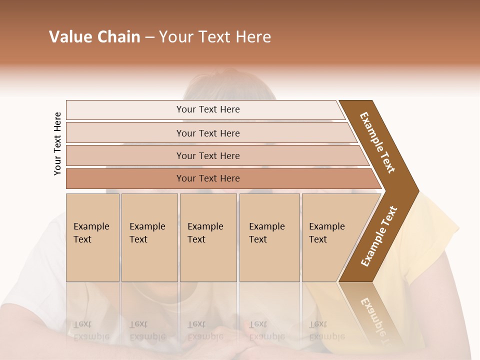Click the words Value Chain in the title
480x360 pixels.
(x=94, y=37)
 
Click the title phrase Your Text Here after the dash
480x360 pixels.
(x=215, y=37)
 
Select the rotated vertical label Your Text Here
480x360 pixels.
(x=57, y=144)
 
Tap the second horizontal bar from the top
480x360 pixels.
(x=207, y=133)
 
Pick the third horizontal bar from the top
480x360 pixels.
(x=207, y=155)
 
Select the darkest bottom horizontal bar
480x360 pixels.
(x=207, y=178)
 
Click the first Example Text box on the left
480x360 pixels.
(x=92, y=237)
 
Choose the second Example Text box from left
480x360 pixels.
(x=149, y=237)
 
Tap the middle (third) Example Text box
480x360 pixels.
(x=208, y=237)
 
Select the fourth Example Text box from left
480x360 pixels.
(x=269, y=237)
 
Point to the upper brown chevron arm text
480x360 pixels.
(x=377, y=142)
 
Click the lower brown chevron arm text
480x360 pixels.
(x=379, y=236)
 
